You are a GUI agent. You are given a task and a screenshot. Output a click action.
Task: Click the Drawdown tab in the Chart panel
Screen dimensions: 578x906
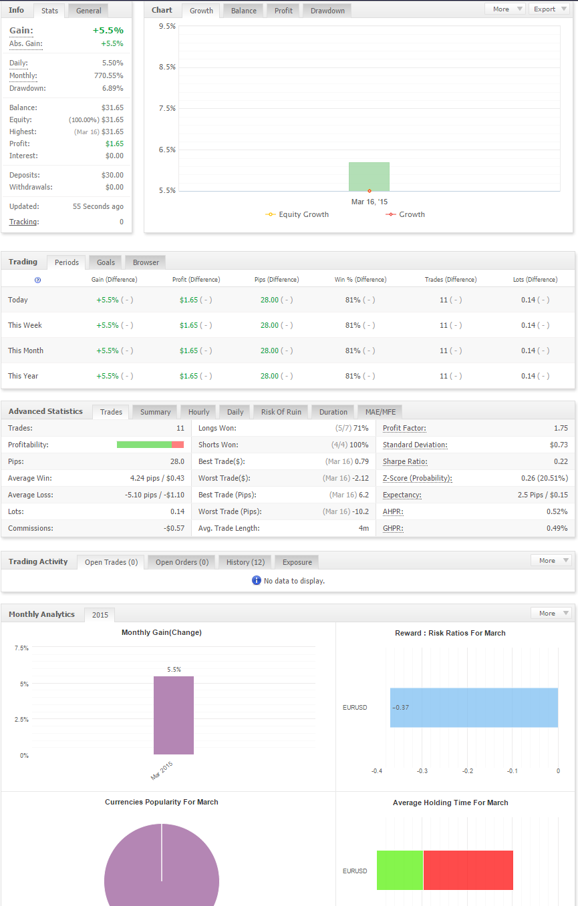[327, 11]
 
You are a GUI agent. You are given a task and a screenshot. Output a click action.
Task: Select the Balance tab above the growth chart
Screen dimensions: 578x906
[244, 11]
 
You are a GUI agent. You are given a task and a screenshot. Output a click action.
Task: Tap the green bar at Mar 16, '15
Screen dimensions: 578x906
[369, 176]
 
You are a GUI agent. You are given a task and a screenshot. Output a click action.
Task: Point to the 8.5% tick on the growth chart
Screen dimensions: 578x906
[167, 67]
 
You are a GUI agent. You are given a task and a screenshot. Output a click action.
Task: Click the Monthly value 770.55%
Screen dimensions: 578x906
[108, 75]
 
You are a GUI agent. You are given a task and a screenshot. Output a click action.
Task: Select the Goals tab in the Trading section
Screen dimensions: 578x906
[106, 262]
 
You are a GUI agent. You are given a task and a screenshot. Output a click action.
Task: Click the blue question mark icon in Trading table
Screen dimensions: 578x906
[37, 280]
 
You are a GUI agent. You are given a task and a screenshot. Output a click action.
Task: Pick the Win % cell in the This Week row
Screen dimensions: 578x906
[360, 325]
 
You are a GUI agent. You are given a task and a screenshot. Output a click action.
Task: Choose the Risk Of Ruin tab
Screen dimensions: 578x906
[281, 412]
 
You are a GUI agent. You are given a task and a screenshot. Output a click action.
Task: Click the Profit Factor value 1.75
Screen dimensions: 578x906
[561, 428]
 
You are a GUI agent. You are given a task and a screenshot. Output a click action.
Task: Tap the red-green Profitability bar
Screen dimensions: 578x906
[150, 445]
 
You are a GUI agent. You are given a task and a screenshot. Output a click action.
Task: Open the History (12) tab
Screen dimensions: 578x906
[245, 561]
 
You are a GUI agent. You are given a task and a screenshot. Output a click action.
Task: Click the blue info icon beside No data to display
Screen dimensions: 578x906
[256, 580]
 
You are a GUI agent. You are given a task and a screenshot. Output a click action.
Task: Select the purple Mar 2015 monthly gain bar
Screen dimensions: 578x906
[174, 715]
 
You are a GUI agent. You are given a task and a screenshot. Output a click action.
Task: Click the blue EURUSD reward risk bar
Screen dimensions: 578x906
[474, 708]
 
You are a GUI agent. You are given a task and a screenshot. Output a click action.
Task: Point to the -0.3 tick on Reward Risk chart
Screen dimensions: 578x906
[422, 771]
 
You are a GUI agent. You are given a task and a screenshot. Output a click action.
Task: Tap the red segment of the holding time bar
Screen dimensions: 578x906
[468, 870]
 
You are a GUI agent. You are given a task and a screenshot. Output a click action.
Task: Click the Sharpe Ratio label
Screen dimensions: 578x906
[405, 461]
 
